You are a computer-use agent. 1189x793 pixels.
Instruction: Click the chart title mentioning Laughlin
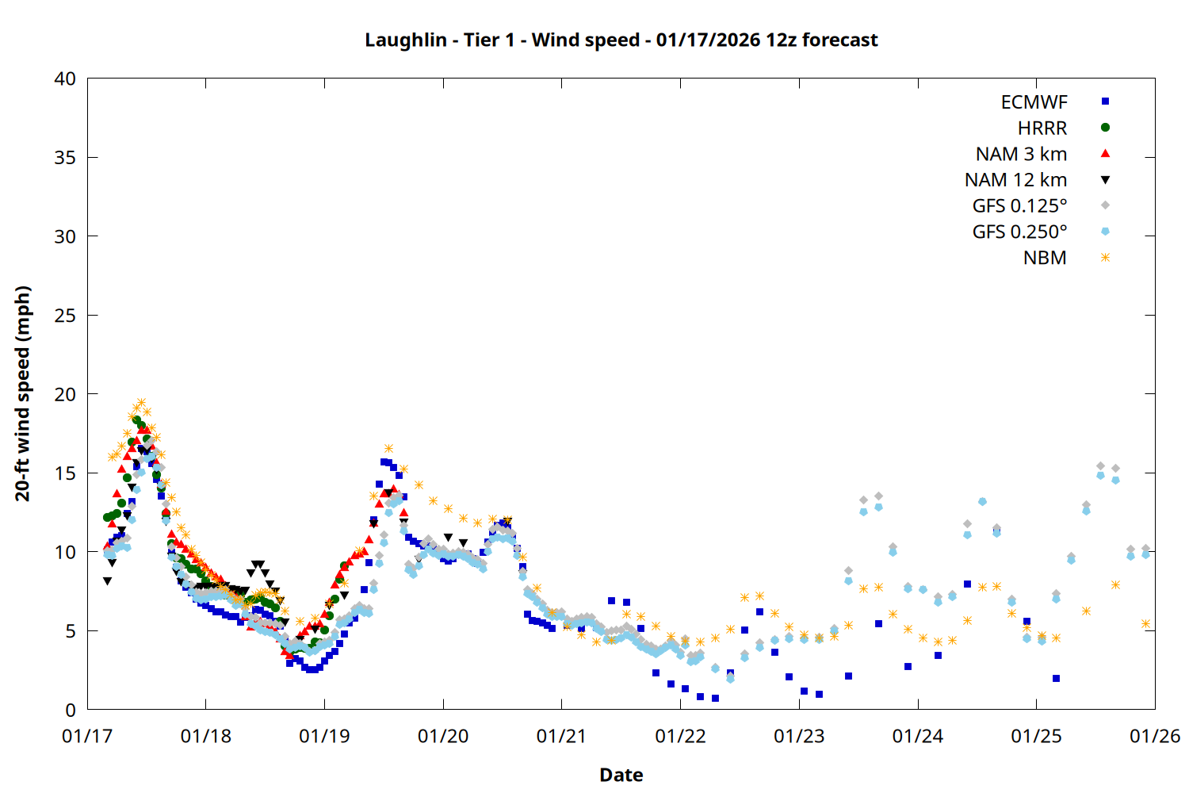(621, 40)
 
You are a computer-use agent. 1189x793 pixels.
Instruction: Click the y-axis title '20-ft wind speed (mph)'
(23, 394)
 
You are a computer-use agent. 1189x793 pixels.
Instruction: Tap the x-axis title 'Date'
(621, 775)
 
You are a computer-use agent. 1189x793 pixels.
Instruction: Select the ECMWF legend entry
(1034, 102)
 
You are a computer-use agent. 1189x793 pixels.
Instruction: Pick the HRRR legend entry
(1042, 128)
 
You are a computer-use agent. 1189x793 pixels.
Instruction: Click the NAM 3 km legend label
(1021, 154)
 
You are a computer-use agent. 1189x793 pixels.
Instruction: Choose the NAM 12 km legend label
(1015, 180)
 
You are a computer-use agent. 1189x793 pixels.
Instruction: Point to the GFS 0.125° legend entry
(1019, 206)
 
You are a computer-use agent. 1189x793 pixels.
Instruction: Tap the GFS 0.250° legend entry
(1019, 232)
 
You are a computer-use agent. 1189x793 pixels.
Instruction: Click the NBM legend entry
(1045, 258)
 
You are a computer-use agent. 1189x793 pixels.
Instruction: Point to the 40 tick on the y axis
(66, 79)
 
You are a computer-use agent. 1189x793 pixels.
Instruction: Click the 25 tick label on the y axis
(66, 316)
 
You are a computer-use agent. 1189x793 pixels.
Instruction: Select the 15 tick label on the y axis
(66, 473)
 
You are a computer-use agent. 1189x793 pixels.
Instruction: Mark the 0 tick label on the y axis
(71, 710)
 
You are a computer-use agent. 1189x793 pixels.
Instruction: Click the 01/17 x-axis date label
(87, 736)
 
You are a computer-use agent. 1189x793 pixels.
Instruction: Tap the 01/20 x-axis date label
(443, 736)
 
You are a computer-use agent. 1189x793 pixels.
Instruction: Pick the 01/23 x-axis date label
(799, 736)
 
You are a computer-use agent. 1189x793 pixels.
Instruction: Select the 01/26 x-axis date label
(1155, 736)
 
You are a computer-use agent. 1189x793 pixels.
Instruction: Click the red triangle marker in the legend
(1105, 153)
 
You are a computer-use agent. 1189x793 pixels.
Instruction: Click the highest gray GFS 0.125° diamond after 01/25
(1100, 466)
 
